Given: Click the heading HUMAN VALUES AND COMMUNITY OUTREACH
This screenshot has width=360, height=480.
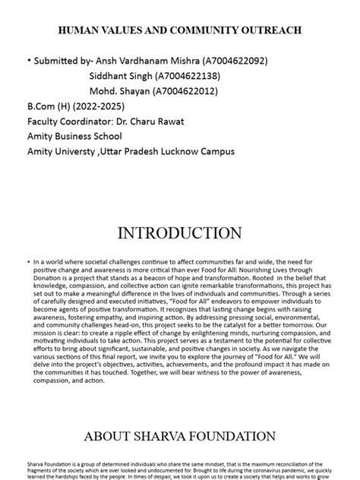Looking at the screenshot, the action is click(x=180, y=30).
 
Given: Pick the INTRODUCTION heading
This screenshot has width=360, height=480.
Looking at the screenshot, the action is click(x=180, y=232).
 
